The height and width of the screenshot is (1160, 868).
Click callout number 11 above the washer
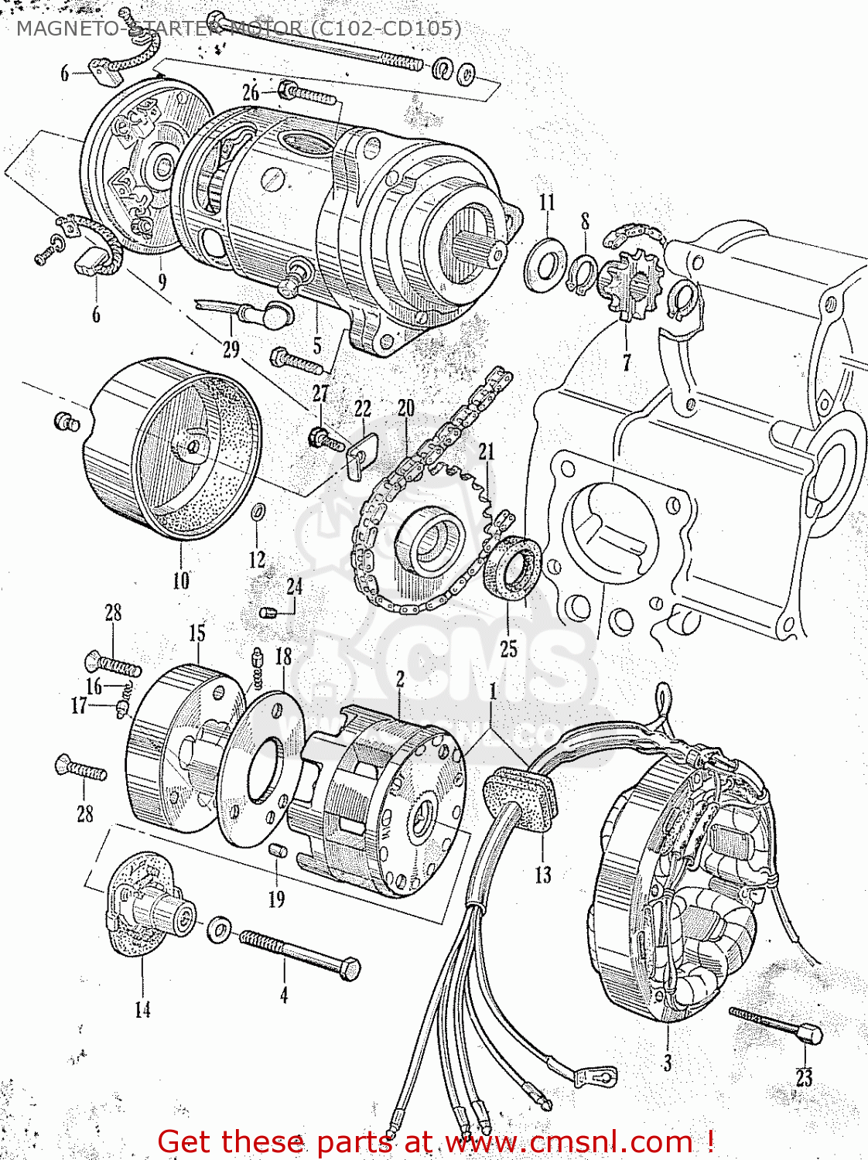[547, 203]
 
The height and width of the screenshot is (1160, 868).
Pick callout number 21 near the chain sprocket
[486, 452]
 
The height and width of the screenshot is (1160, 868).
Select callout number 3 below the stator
[667, 1063]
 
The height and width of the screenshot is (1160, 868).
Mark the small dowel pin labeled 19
[277, 851]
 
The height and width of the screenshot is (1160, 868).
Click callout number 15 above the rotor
[197, 633]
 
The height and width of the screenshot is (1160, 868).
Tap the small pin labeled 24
[268, 613]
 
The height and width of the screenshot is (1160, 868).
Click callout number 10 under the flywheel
[180, 580]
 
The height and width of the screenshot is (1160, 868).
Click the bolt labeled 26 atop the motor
[308, 95]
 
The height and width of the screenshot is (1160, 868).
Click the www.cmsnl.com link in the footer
[569, 1141]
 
